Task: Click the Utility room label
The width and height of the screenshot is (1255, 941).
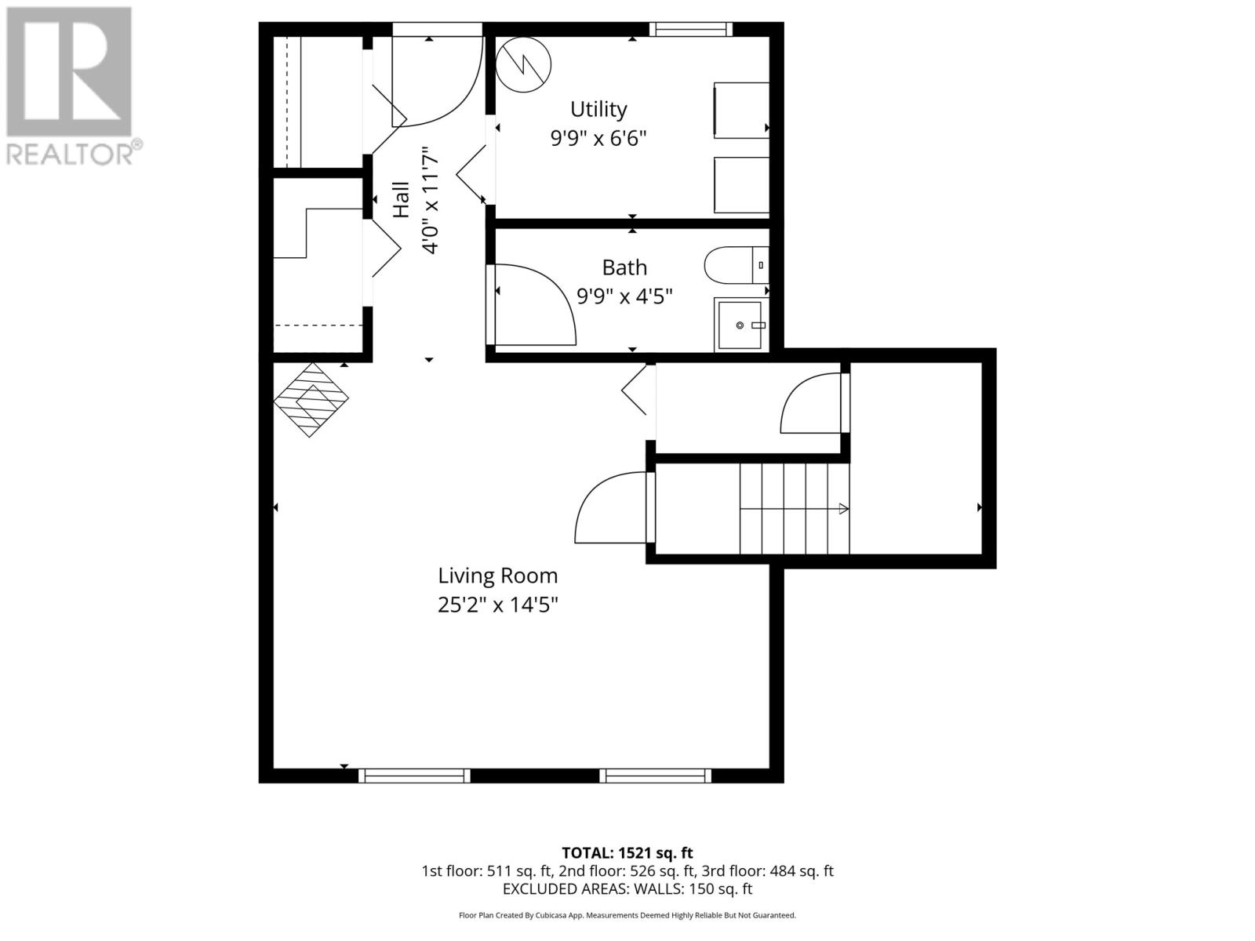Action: (598, 109)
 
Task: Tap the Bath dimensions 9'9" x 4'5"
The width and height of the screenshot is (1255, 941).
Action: (624, 296)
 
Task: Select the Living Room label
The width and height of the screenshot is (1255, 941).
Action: (497, 576)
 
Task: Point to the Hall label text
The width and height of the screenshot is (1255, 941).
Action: (401, 200)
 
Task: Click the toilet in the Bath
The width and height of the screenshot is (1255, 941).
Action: (734, 266)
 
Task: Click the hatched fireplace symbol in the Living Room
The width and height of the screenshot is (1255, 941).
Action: (311, 399)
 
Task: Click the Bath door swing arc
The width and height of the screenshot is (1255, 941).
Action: (541, 302)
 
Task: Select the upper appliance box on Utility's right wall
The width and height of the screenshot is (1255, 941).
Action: (740, 110)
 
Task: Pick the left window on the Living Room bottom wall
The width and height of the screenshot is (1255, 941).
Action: (414, 775)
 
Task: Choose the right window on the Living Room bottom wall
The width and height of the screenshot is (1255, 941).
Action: (655, 775)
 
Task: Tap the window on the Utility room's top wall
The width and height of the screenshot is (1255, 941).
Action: (690, 29)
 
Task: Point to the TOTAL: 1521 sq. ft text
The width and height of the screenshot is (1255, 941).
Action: (627, 852)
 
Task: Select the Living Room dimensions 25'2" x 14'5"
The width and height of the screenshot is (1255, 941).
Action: (497, 605)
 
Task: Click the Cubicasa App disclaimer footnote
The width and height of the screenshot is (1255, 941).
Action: (627, 915)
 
